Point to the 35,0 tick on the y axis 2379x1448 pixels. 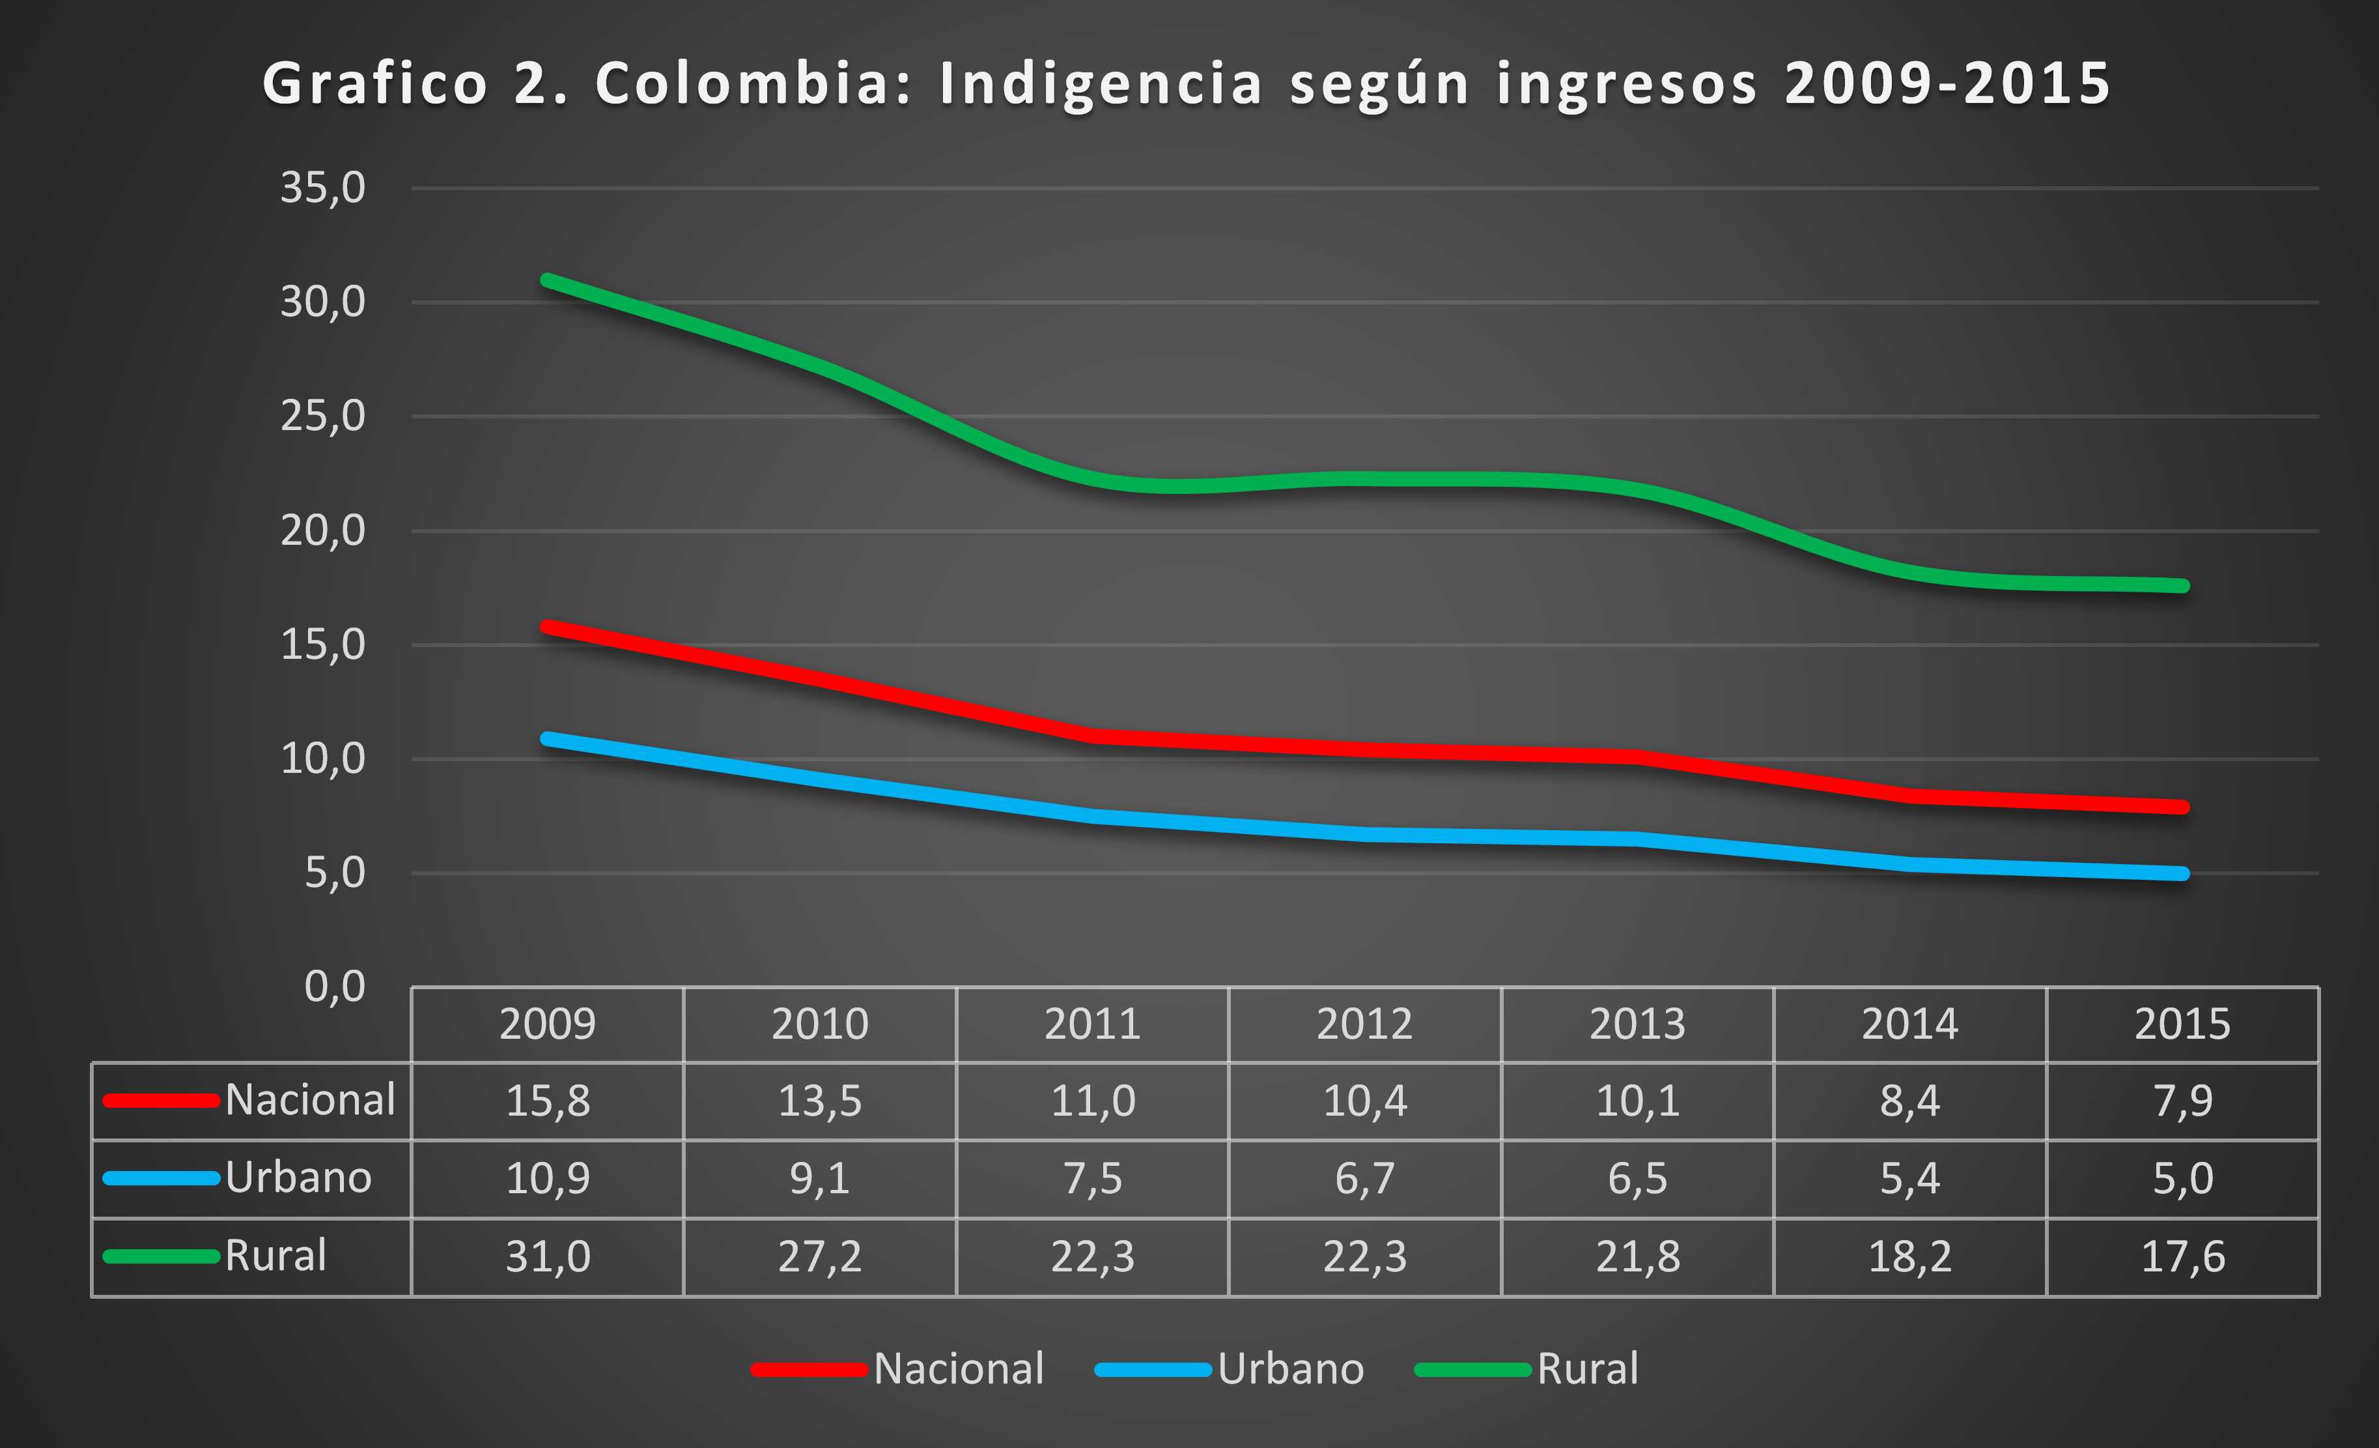[322, 188]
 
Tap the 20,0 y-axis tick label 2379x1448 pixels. [322, 530]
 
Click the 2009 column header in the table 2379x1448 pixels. [548, 1024]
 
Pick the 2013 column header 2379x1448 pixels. [1637, 1024]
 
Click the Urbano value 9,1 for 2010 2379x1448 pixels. [820, 1178]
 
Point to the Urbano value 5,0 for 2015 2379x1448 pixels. [2183, 1178]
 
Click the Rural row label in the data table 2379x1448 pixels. [275, 1256]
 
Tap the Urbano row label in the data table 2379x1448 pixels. [298, 1178]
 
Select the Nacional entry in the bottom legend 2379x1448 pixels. [958, 1368]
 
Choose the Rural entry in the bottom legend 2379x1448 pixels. [1587, 1368]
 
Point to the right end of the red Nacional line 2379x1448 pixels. [2183, 807]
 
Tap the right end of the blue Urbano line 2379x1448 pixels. [2183, 873]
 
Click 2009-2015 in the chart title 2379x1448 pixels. [1947, 83]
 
